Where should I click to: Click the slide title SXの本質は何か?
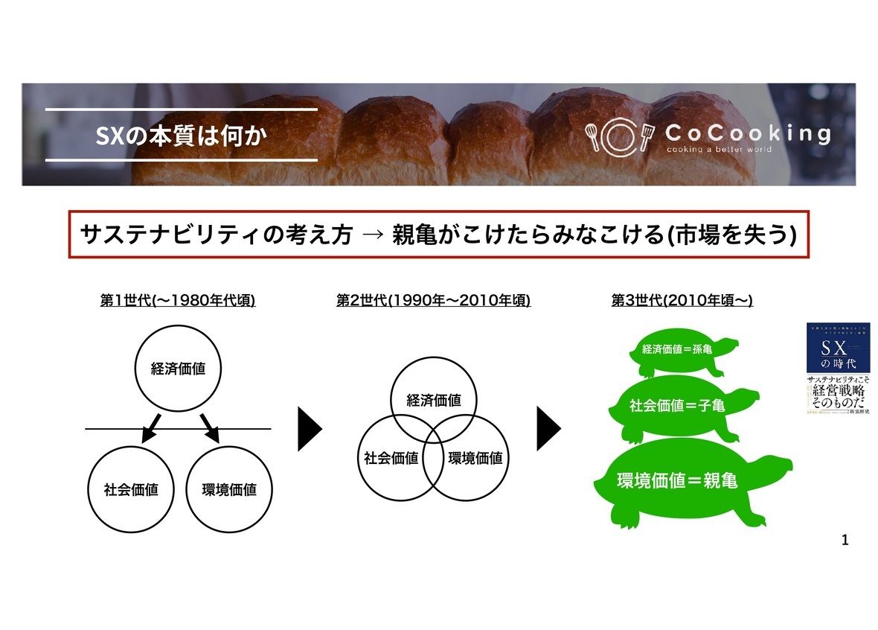pyautogui.click(x=181, y=136)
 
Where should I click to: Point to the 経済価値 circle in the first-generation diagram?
pyautogui.click(x=178, y=369)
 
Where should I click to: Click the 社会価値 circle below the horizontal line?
pyautogui.click(x=131, y=489)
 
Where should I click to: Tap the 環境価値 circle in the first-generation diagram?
pyautogui.click(x=229, y=489)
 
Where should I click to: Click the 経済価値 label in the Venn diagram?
pyautogui.click(x=433, y=400)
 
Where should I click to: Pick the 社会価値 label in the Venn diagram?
pyautogui.click(x=390, y=458)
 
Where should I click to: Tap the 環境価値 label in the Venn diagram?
pyautogui.click(x=475, y=458)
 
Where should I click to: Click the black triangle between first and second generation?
pyautogui.click(x=309, y=429)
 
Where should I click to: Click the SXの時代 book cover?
pyautogui.click(x=838, y=368)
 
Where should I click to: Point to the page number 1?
pyautogui.click(x=845, y=539)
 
